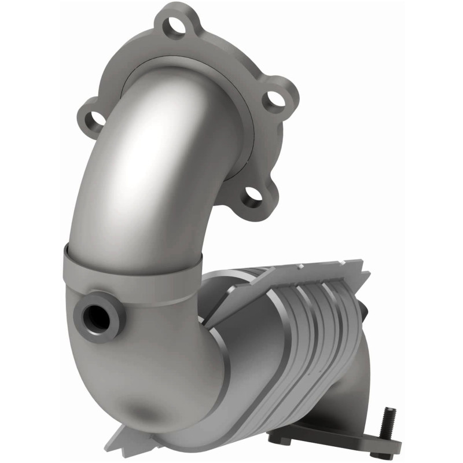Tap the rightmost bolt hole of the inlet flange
click(277, 99)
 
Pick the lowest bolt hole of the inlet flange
click(252, 197)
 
